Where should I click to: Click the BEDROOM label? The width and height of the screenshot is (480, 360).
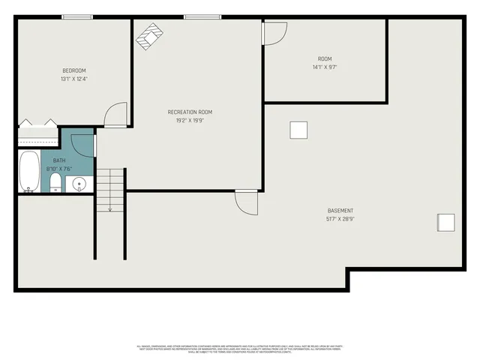pyautogui.click(x=73, y=70)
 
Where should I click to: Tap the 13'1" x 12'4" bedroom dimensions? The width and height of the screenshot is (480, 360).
pyautogui.click(x=73, y=79)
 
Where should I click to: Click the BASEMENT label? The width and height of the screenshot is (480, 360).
pyautogui.click(x=340, y=211)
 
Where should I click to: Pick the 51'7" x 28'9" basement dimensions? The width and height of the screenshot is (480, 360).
pyautogui.click(x=340, y=219)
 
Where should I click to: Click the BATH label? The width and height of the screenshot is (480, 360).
pyautogui.click(x=58, y=160)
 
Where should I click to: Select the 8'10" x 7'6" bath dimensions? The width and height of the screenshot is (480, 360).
pyautogui.click(x=58, y=169)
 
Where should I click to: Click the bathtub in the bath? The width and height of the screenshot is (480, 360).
pyautogui.click(x=29, y=172)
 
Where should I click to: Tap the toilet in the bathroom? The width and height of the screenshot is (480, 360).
pyautogui.click(x=55, y=184)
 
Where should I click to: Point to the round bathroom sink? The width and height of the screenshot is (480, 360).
pyautogui.click(x=79, y=184)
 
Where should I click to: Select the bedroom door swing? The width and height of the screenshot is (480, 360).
pyautogui.click(x=117, y=115)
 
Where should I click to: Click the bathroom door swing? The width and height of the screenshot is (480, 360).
pyautogui.click(x=85, y=145)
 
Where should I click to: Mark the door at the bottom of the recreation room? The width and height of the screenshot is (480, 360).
pyautogui.click(x=246, y=202)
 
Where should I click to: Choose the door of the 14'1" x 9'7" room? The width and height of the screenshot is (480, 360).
pyautogui.click(x=274, y=33)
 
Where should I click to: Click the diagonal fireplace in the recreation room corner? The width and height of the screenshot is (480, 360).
pyautogui.click(x=148, y=36)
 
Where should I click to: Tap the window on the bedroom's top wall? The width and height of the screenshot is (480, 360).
pyautogui.click(x=77, y=17)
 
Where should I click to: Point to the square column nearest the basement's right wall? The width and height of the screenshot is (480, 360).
pyautogui.click(x=446, y=222)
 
